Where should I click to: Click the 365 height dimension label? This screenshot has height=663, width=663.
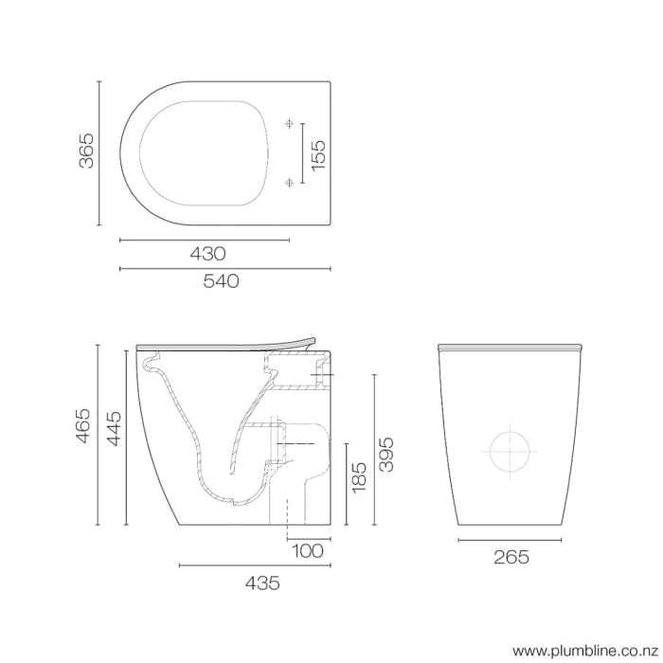point(86,152)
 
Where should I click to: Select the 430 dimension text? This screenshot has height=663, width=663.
point(207,253)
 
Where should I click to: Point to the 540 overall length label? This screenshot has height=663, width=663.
point(222,280)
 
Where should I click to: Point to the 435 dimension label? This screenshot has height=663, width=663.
point(260,583)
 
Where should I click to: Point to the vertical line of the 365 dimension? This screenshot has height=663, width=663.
point(99,152)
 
